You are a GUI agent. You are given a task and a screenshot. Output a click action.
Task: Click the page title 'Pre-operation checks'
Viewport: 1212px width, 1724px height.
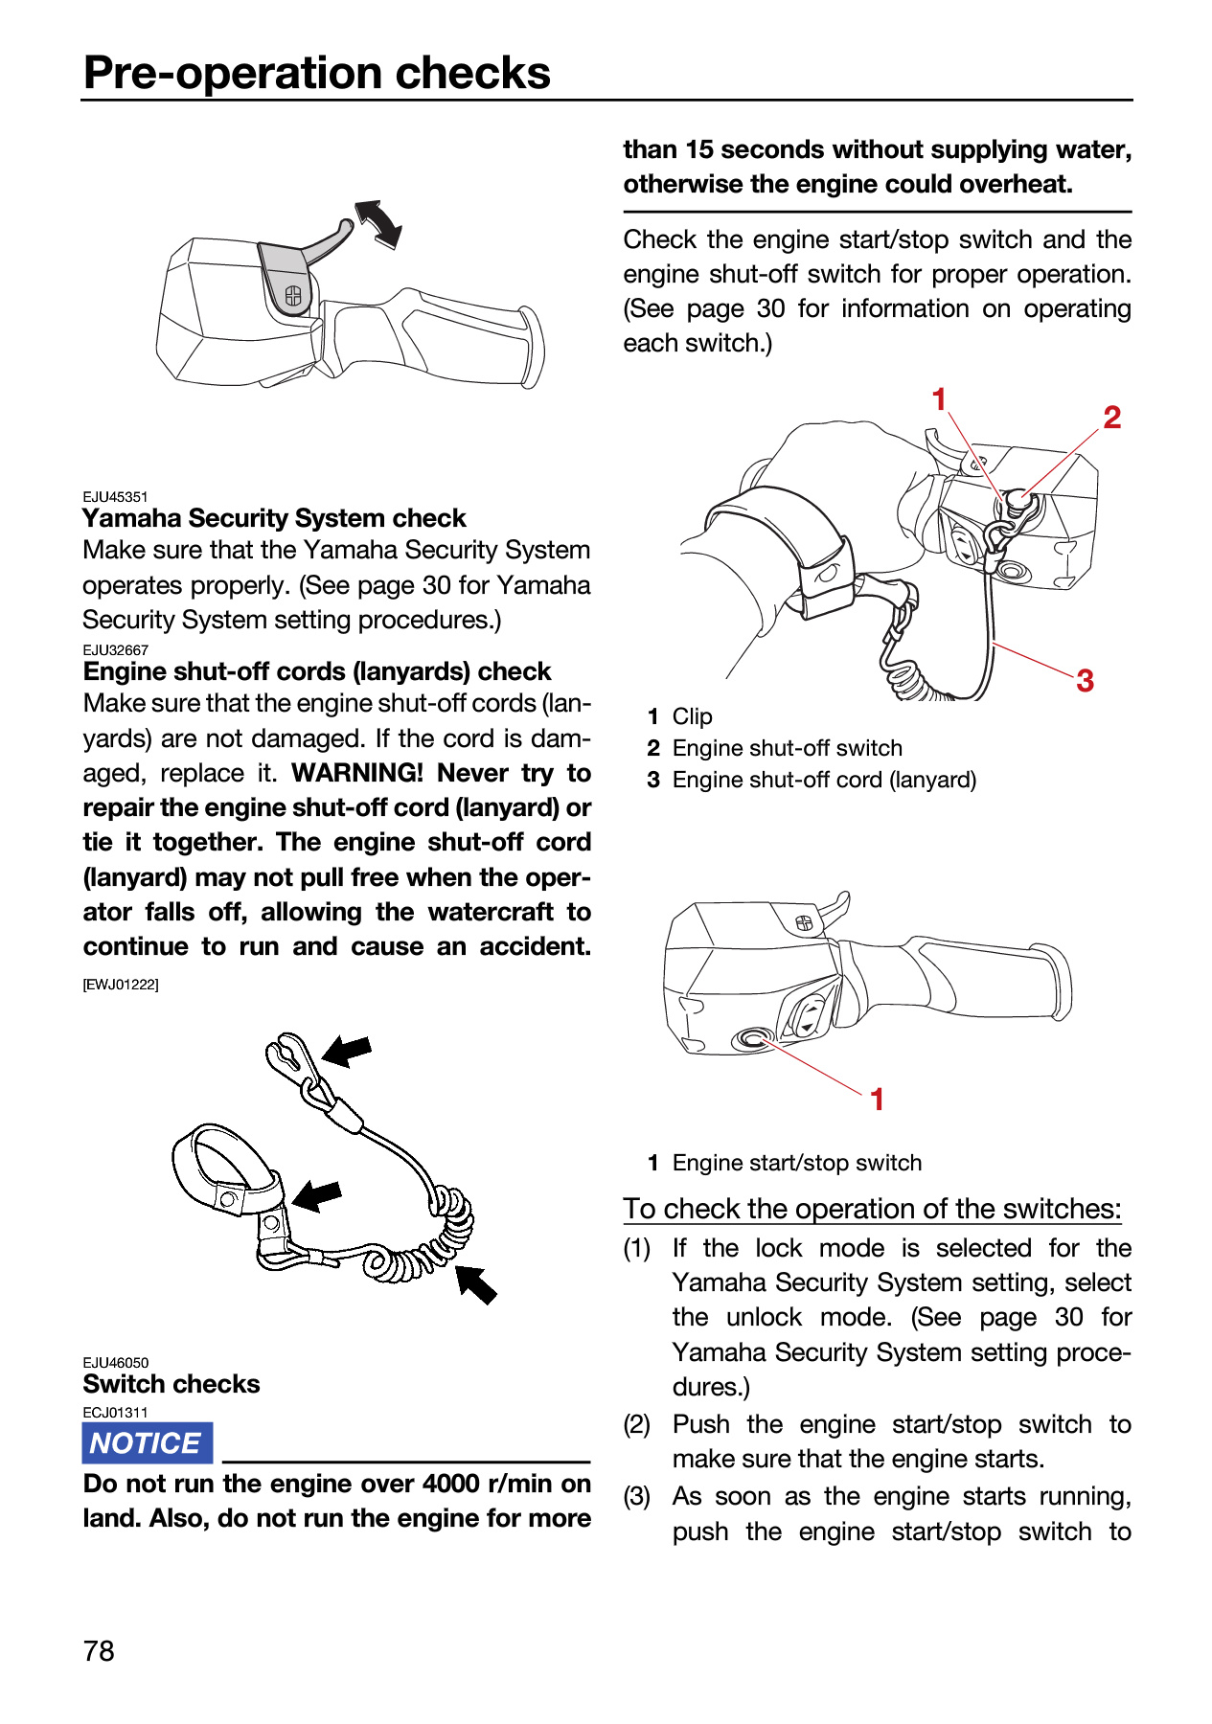[317, 73]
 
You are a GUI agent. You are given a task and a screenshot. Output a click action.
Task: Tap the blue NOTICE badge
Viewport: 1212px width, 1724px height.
[147, 1442]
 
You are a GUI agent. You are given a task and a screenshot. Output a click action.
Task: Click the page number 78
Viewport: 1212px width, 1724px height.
[99, 1650]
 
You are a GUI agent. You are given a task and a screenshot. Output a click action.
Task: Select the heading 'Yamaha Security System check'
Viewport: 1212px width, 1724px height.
[274, 518]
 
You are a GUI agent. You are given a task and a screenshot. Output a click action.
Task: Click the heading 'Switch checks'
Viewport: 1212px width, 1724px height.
[172, 1384]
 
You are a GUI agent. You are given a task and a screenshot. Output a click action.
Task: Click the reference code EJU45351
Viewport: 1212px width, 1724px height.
[116, 496]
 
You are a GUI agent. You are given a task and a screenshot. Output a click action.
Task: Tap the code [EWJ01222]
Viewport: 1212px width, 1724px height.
[121, 984]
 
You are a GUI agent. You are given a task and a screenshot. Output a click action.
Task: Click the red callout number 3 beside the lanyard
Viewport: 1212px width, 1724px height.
[1085, 680]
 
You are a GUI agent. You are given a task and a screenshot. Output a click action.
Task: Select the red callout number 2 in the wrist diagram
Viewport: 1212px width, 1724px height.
[1111, 417]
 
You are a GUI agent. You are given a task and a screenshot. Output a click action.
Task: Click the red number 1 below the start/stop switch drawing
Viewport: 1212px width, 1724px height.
[877, 1100]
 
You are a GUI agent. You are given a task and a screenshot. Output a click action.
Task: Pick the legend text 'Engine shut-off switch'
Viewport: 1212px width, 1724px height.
[788, 748]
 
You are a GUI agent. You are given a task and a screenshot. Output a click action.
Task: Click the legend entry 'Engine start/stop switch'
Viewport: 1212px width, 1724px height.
[797, 1163]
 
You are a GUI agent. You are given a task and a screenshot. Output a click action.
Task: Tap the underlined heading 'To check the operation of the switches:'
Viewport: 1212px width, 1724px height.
[872, 1209]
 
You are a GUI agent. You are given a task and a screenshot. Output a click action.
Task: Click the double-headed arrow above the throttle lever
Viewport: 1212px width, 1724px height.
[378, 224]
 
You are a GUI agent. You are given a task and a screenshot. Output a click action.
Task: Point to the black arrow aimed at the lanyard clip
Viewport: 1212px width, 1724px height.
[346, 1051]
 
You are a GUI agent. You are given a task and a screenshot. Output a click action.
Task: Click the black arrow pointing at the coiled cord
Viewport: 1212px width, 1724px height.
[475, 1283]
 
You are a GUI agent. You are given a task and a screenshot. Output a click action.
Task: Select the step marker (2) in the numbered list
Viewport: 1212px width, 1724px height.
[637, 1424]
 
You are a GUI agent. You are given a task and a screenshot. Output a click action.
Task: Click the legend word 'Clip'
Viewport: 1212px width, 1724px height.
[693, 716]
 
